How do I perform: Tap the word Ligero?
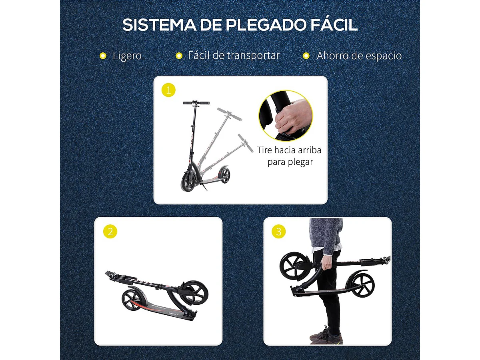(127, 56)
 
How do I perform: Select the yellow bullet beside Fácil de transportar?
(179, 56)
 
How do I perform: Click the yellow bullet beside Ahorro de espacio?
(306, 56)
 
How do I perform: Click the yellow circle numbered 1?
(168, 90)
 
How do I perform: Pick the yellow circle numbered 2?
(110, 232)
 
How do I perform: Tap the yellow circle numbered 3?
(278, 232)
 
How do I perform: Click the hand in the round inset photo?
(291, 118)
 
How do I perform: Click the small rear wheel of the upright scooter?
(225, 176)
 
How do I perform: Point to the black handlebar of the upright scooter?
(196, 103)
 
